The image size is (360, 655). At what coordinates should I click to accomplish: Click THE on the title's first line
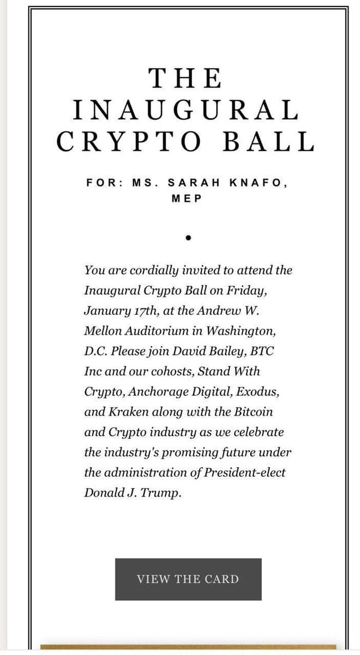click(186, 78)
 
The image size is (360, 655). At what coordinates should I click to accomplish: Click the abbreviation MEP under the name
click(187, 198)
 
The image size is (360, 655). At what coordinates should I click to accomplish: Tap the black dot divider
click(187, 238)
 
